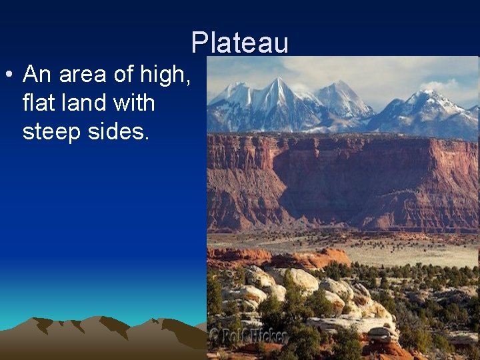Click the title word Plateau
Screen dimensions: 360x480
tap(240, 43)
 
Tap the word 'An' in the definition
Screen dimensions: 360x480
tap(37, 75)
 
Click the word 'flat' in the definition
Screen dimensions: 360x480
tap(41, 103)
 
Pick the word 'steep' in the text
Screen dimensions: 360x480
tap(51, 131)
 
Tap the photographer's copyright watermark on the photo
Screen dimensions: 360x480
tap(247, 336)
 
